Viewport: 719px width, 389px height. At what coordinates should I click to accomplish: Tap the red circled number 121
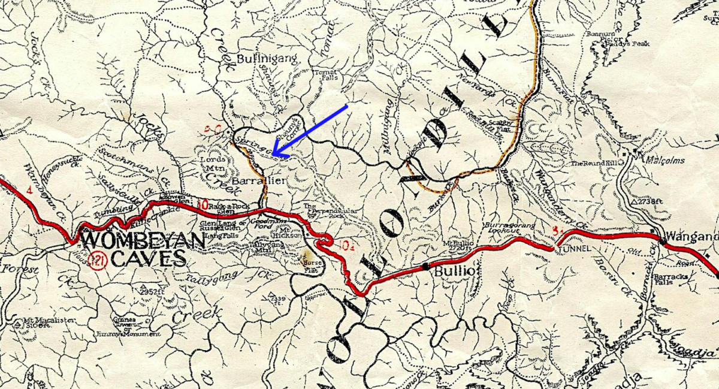tap(96, 260)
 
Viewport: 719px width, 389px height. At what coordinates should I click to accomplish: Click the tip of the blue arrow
tap(271, 155)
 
